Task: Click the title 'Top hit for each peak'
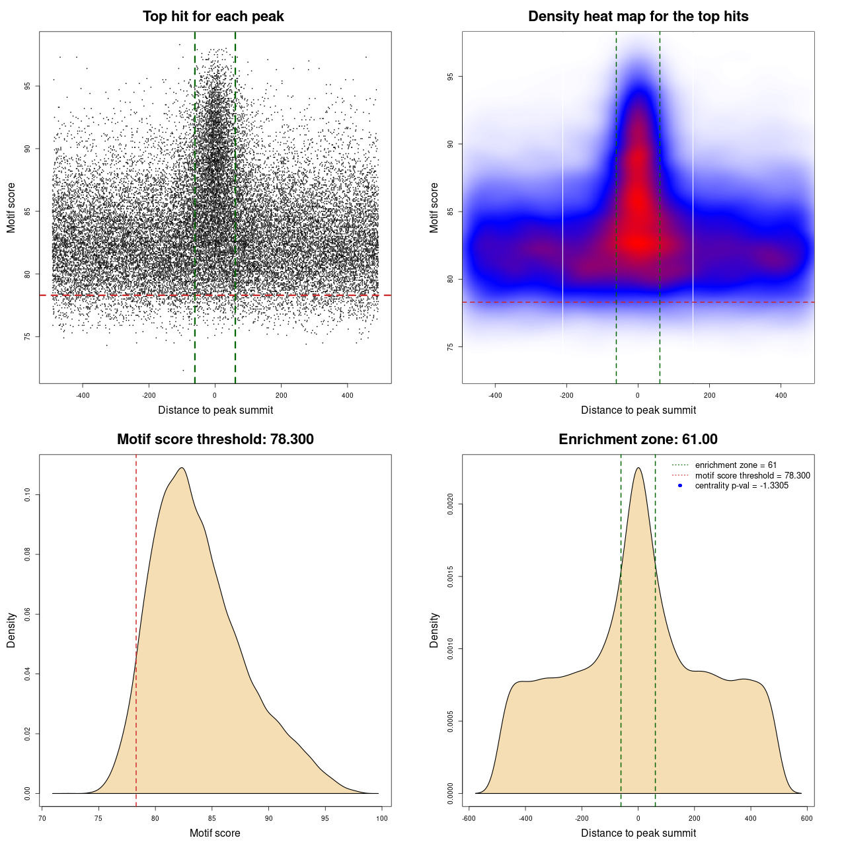click(x=213, y=17)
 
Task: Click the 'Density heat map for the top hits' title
click(x=638, y=17)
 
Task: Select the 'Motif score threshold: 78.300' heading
click(x=215, y=440)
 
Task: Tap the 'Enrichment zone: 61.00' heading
click(x=638, y=440)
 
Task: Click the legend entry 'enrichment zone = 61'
click(x=736, y=465)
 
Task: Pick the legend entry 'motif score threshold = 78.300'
click(x=752, y=476)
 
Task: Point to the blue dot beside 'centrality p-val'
click(x=680, y=486)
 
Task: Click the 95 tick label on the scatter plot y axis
click(x=28, y=86)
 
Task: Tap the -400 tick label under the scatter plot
click(x=83, y=395)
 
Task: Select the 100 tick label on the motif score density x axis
click(x=382, y=818)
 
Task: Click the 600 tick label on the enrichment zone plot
click(x=807, y=818)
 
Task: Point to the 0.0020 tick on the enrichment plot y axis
click(x=451, y=505)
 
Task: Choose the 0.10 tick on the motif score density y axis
click(x=28, y=495)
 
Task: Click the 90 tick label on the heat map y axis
click(x=451, y=144)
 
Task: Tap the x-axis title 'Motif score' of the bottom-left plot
click(x=215, y=833)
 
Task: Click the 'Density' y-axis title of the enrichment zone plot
click(x=434, y=630)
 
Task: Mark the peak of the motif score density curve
click(x=181, y=468)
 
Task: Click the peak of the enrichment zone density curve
click(x=638, y=468)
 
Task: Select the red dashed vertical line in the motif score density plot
click(x=136, y=628)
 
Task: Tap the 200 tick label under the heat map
click(x=709, y=395)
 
